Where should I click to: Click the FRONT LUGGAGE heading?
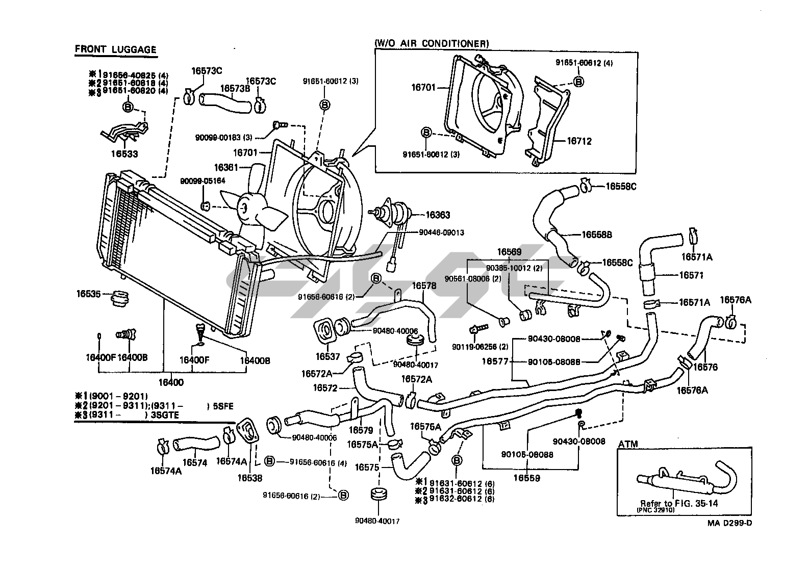point(115,49)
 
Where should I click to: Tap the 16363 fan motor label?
point(438,215)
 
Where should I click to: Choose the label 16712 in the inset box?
point(579,141)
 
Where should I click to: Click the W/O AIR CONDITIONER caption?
point(432,44)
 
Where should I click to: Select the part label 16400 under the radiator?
point(171,382)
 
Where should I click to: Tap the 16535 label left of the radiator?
point(89,294)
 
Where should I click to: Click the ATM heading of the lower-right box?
point(628,444)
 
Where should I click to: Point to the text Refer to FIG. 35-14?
point(672,503)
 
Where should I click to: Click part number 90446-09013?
point(442,232)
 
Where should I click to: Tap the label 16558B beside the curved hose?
point(596,235)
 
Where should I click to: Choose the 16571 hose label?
point(691,275)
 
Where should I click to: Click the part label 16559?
point(526,478)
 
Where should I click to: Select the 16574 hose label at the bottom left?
point(194,462)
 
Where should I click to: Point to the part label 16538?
point(250,478)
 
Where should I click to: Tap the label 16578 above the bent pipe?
point(424,286)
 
